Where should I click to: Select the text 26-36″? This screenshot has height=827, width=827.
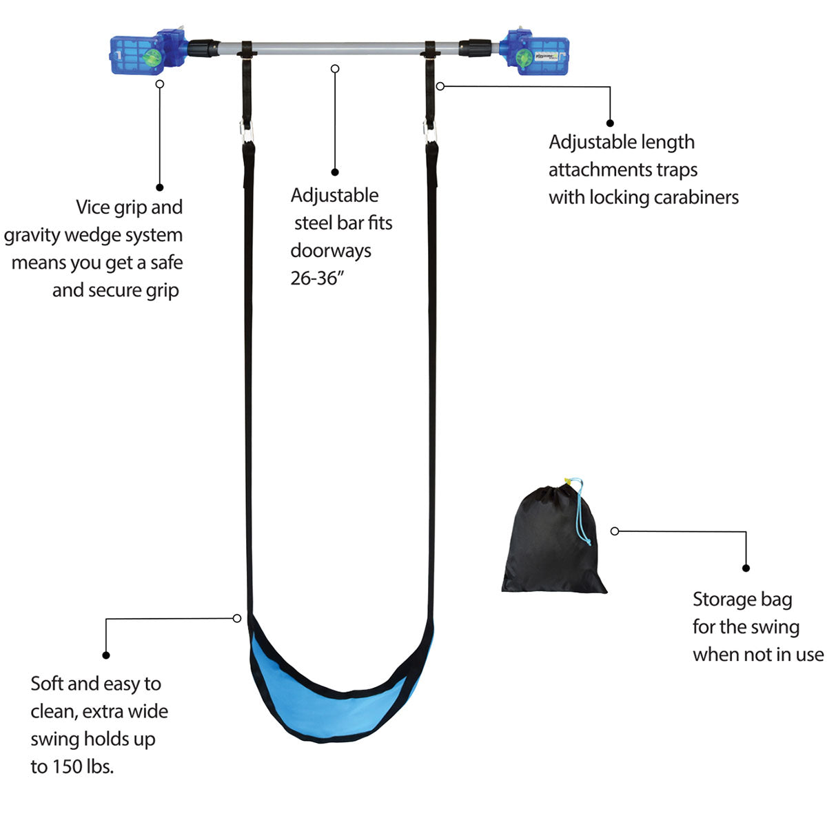[x=316, y=278]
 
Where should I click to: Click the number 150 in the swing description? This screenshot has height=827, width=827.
[x=69, y=766]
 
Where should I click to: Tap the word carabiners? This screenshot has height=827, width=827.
[x=696, y=197]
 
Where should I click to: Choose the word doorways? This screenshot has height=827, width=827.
[x=331, y=251]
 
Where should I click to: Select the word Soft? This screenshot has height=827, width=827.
[x=47, y=684]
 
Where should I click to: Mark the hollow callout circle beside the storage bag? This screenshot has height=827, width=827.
[x=615, y=531]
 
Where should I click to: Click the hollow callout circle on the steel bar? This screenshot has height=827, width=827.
[x=335, y=69]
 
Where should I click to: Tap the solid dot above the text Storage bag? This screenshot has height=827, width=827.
[x=746, y=568]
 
